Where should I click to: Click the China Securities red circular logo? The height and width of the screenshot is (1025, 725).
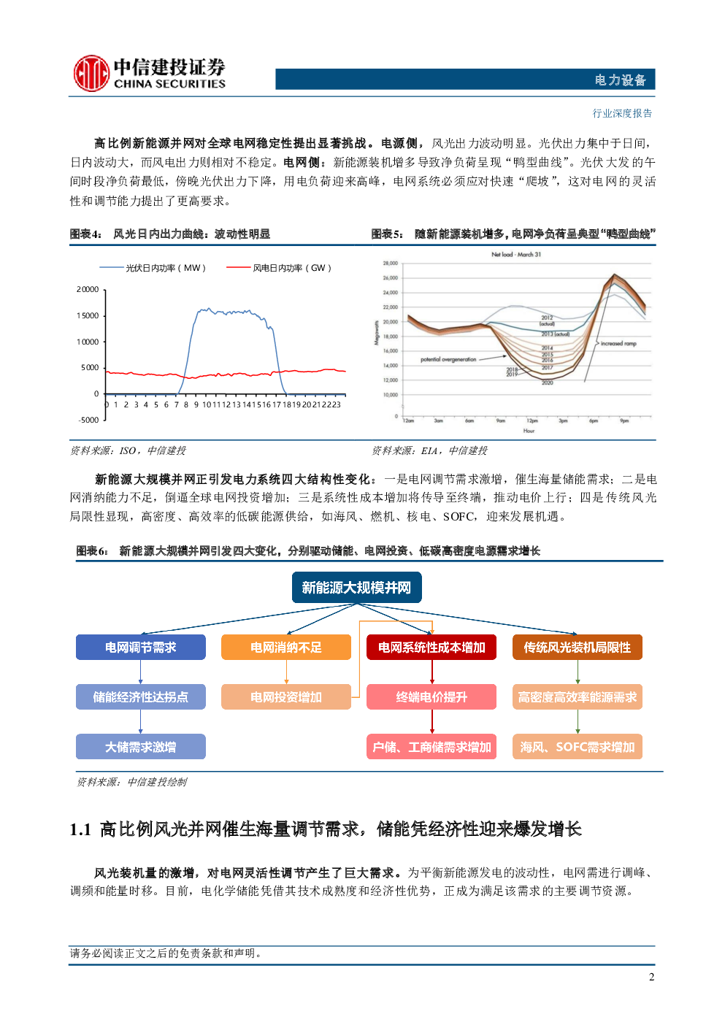91,74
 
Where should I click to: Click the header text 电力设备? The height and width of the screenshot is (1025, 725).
620,80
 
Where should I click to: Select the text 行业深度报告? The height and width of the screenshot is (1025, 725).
622,113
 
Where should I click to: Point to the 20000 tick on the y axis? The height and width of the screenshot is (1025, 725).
88,290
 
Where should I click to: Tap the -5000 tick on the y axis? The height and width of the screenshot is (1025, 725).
88,420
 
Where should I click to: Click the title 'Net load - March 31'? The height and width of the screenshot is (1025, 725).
516,255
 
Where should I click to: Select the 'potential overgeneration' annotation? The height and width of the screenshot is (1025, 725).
448,359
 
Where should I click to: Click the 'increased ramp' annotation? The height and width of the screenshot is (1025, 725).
618,343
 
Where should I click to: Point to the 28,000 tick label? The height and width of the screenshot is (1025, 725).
390,263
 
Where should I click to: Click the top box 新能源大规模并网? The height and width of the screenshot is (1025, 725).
356,588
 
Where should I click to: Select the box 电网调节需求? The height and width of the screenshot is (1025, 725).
141,648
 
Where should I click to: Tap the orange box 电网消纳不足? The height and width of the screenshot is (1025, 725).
286,648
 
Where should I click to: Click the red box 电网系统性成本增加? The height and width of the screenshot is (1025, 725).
431,648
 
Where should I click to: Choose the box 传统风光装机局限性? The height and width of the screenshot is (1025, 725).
577,648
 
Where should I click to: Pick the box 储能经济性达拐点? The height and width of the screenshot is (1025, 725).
141,697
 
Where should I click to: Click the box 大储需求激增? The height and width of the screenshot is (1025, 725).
141,747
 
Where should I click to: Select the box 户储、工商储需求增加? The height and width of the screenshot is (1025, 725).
431,747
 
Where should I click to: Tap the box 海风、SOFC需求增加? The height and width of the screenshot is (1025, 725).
577,747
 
